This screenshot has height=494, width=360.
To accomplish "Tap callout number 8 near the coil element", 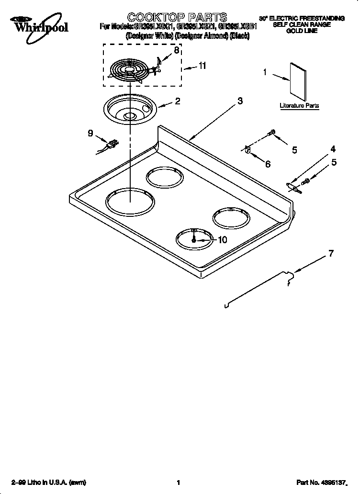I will [x=177, y=50].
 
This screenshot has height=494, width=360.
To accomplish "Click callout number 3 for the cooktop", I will [x=240, y=101].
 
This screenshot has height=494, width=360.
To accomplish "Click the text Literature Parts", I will [x=299, y=105].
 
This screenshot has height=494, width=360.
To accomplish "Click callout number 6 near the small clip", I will [x=268, y=164].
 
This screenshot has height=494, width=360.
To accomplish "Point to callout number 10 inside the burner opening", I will [x=222, y=240].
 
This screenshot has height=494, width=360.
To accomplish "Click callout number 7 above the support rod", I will [x=331, y=254].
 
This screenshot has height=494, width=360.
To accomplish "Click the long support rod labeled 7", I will [x=259, y=289].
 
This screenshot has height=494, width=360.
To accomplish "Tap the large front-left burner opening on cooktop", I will [x=130, y=202].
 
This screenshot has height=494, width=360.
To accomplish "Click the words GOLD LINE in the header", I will [x=302, y=31].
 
